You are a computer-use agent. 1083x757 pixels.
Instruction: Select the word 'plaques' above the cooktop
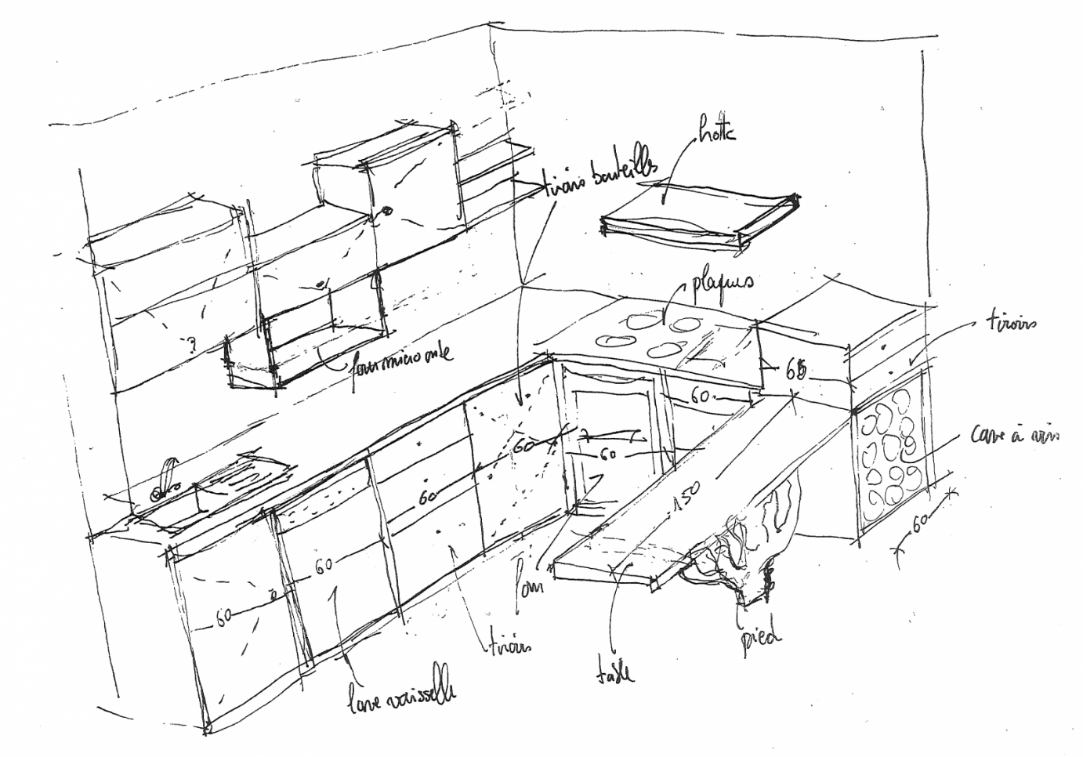tap(723, 287)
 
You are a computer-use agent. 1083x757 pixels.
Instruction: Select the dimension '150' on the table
tap(681, 500)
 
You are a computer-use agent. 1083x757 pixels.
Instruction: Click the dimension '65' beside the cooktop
tap(795, 370)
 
